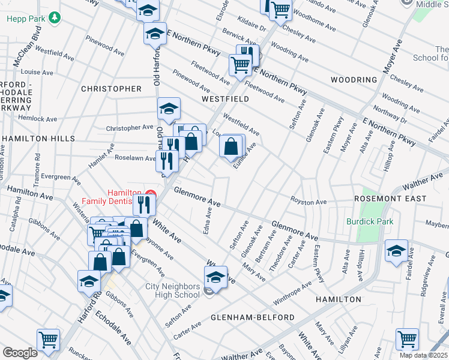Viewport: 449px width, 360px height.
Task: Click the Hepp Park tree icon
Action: (55, 18)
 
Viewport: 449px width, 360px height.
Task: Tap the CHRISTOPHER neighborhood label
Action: (111, 89)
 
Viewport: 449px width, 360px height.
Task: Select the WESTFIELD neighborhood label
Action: (225, 98)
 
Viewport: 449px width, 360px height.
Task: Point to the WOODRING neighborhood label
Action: (354, 79)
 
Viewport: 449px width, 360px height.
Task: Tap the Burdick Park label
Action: (369, 221)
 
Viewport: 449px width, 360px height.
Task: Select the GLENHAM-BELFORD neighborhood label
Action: (252, 317)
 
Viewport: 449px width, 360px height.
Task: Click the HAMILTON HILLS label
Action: (38, 139)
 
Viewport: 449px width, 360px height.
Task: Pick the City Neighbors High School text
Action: (172, 290)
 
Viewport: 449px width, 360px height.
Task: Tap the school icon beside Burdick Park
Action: (396, 251)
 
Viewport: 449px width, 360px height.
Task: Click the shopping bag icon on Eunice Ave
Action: (232, 146)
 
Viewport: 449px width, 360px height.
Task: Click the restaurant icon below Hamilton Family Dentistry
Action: (144, 205)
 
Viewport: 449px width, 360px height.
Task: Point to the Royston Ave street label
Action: (308, 202)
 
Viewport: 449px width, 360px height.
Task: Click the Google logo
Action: (20, 353)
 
